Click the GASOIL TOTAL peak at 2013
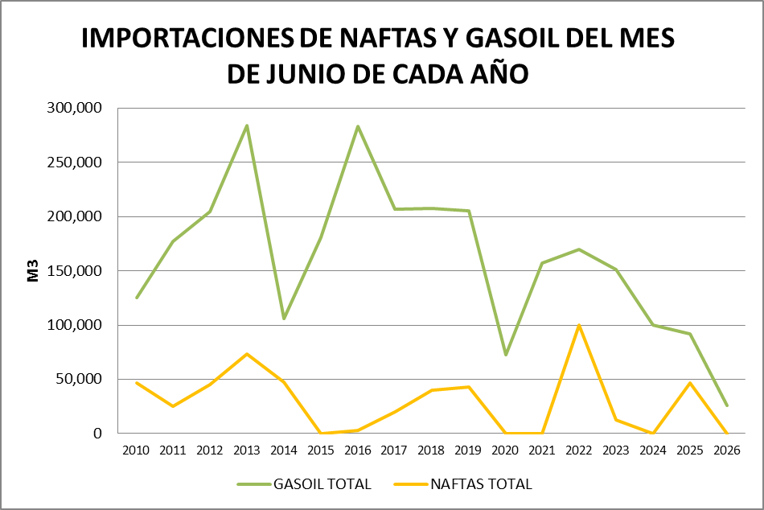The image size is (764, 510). pyautogui.click(x=247, y=125)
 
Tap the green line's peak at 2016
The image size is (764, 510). pyautogui.click(x=358, y=126)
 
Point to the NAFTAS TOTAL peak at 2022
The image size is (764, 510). pyautogui.click(x=579, y=325)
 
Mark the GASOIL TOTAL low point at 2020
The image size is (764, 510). pyautogui.click(x=505, y=355)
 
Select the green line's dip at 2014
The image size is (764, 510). pyautogui.click(x=284, y=319)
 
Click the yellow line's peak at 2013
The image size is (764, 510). pyautogui.click(x=247, y=353)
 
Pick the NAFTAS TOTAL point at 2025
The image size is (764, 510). pyautogui.click(x=690, y=383)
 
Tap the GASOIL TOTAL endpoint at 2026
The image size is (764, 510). pyautogui.click(x=727, y=405)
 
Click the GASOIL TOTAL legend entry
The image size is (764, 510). pyautogui.click(x=304, y=483)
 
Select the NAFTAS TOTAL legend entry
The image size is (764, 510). pyautogui.click(x=463, y=483)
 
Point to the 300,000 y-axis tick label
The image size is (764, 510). pyautogui.click(x=75, y=108)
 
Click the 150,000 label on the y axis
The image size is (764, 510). pyautogui.click(x=75, y=270)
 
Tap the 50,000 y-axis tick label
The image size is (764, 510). pyautogui.click(x=79, y=379)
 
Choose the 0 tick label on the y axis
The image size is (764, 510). pyautogui.click(x=98, y=433)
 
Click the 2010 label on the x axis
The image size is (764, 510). pyautogui.click(x=136, y=450)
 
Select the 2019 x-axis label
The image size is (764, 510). pyautogui.click(x=468, y=450)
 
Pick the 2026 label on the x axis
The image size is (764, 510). pyautogui.click(x=727, y=450)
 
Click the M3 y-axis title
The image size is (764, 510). pyautogui.click(x=33, y=271)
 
